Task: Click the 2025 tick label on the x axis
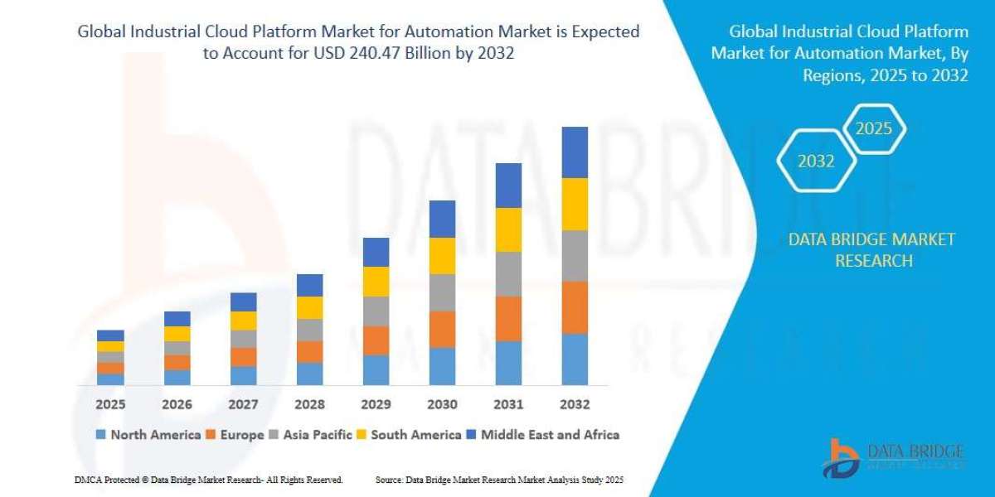[110, 404]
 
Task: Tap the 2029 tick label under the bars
[376, 404]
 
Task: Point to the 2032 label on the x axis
[575, 404]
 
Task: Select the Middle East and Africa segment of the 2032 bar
[575, 152]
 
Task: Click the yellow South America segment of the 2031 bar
[508, 229]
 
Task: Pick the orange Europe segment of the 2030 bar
[442, 329]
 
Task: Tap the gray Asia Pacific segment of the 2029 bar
[376, 311]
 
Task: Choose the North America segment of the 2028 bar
[309, 374]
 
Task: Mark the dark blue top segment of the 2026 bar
[177, 319]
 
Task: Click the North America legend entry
[148, 434]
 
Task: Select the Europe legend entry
[235, 434]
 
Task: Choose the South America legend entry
[410, 434]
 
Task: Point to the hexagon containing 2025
[873, 129]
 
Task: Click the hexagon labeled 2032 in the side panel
[816, 162]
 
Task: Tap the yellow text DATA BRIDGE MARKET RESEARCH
[871, 249]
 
